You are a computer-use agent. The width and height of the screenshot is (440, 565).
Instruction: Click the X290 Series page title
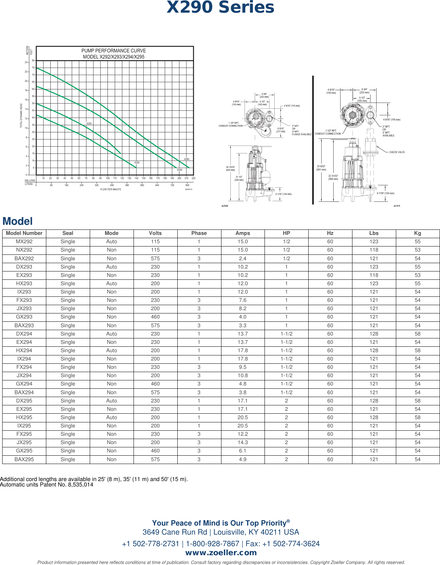[220, 8]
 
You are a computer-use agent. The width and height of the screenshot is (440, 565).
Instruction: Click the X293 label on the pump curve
[89, 123]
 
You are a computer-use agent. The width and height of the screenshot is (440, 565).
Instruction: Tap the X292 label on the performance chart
[137, 163]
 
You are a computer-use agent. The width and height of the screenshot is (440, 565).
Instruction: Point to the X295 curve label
[187, 159]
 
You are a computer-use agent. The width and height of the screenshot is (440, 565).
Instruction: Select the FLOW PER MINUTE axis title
[111, 189]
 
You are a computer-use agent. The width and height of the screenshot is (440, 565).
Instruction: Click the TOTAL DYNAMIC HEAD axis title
[21, 116]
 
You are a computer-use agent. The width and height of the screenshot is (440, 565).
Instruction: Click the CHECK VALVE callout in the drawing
[397, 152]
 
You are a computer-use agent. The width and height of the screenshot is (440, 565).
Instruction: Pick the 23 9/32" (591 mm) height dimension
[321, 168]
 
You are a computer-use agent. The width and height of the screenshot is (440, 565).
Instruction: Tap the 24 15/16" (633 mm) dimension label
[230, 169]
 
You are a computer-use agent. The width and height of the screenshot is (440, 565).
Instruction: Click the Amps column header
[242, 233]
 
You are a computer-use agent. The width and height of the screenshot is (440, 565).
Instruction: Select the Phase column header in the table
[199, 233]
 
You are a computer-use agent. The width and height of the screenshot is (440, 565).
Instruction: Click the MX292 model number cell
[24, 242]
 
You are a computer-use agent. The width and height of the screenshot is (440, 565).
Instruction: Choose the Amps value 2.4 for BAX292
[242, 258]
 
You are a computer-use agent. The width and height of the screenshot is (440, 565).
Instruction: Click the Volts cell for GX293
[155, 317]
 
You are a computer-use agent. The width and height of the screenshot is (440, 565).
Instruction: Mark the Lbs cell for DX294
[374, 334]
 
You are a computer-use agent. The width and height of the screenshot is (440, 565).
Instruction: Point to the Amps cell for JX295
[242, 443]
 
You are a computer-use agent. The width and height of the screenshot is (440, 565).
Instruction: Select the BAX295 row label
[24, 459]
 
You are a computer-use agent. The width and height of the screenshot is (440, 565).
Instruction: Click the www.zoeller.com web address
[221, 553]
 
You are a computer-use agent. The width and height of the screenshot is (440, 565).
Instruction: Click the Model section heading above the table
[17, 221]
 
